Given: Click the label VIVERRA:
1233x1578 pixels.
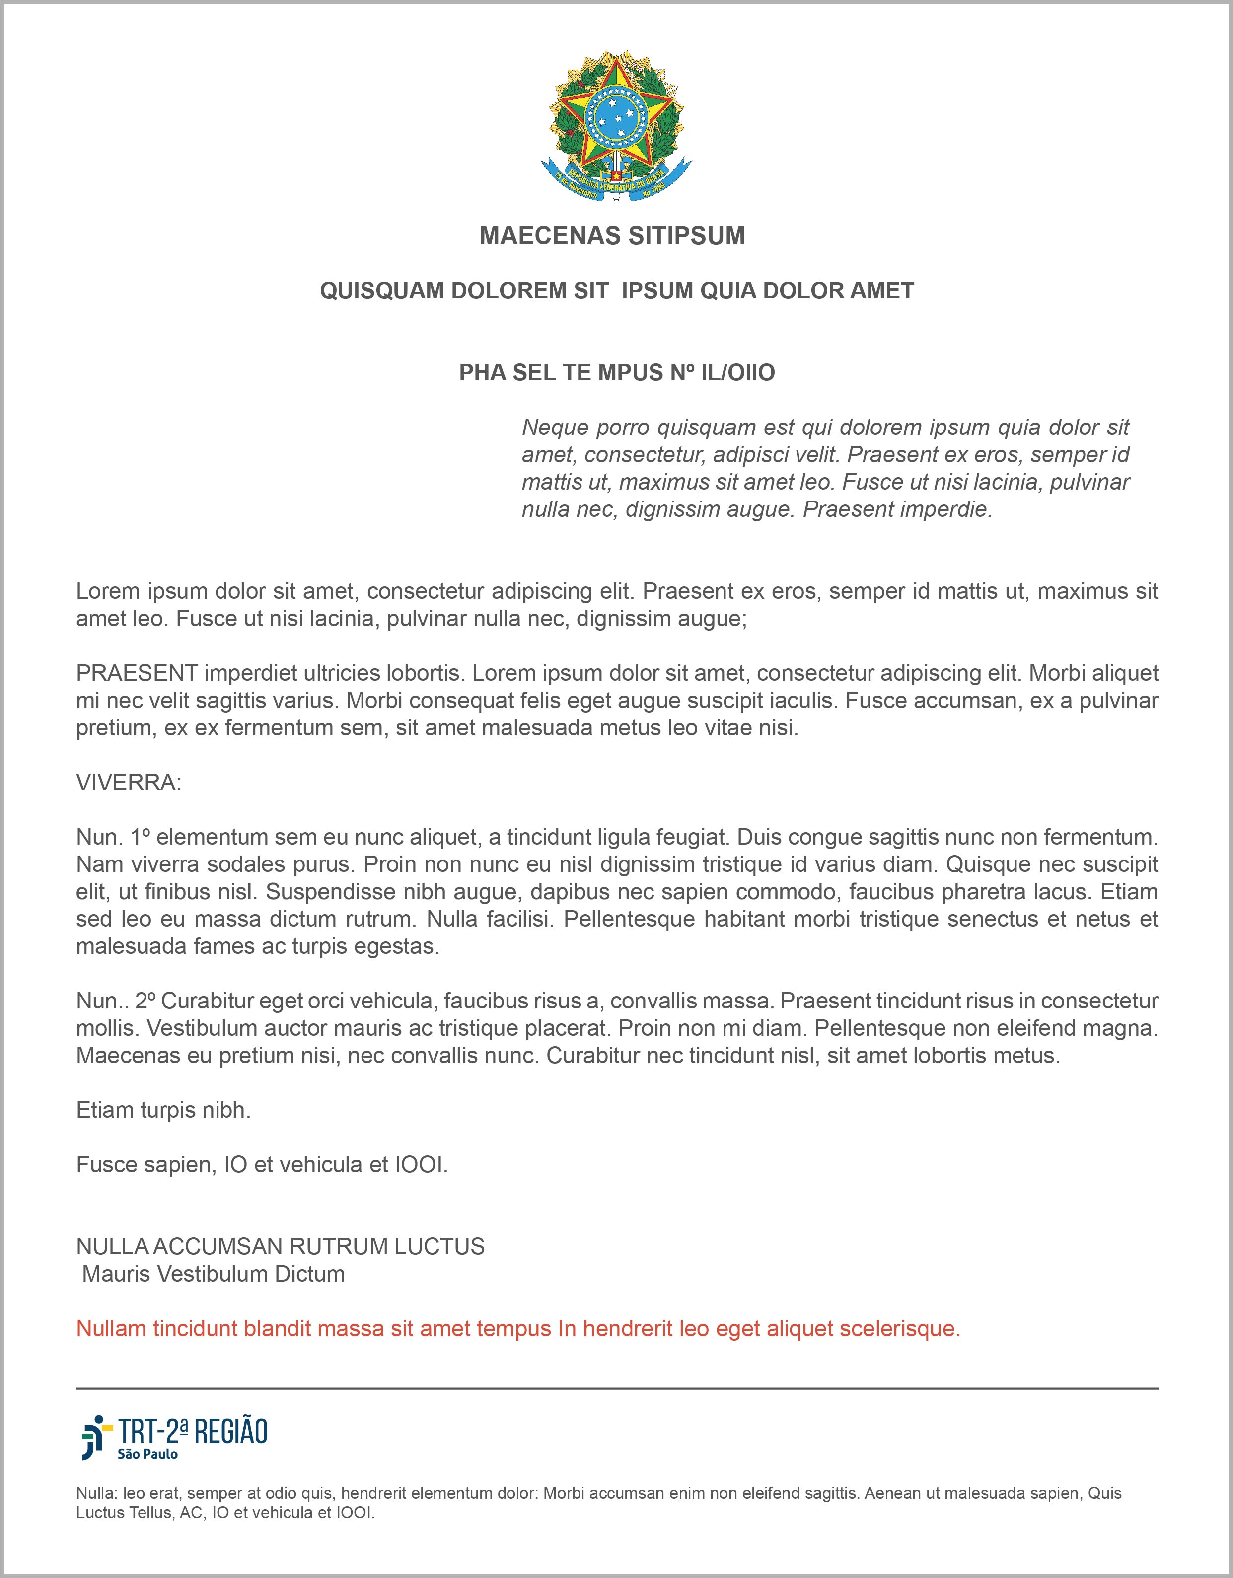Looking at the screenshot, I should [x=129, y=783].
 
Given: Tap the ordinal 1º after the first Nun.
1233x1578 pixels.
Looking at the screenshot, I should [x=140, y=837].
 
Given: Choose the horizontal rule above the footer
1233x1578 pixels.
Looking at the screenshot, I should [x=617, y=1388].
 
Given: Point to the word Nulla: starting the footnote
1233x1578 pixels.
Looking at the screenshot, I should [x=97, y=1493].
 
